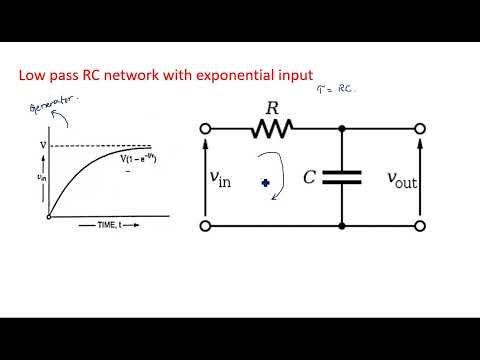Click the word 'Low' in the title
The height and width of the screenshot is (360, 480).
point(34,75)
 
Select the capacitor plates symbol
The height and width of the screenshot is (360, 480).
point(342,177)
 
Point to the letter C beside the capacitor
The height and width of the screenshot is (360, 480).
point(310,178)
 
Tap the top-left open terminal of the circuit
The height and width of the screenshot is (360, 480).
point(206,128)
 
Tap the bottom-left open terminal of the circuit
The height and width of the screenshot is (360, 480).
point(206,226)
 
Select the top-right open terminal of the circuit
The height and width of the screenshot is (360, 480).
point(421,128)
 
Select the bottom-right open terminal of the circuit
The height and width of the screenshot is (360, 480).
point(421,226)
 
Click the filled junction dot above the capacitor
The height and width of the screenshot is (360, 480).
point(342,128)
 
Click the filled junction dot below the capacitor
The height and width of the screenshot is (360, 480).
point(342,226)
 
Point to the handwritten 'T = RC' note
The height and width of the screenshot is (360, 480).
point(336,88)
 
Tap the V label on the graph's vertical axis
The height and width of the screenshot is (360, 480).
point(42,146)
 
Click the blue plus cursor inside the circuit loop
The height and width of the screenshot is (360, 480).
point(265,183)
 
